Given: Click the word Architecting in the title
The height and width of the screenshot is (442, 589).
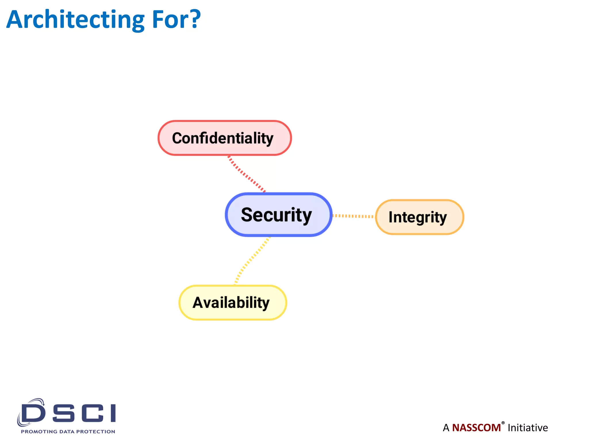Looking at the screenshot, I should pyautogui.click(x=75, y=20).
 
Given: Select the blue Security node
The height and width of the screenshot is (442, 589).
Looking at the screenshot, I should pyautogui.click(x=278, y=215).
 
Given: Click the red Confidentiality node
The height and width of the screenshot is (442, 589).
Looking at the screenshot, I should pyautogui.click(x=225, y=138).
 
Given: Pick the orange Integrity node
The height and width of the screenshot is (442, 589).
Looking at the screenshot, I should pyautogui.click(x=419, y=217).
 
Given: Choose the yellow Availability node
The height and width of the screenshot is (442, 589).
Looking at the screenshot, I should pyautogui.click(x=233, y=303).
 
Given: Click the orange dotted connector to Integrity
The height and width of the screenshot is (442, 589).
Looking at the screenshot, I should pyautogui.click(x=353, y=216).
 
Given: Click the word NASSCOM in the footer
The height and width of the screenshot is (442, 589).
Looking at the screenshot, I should pyautogui.click(x=476, y=428).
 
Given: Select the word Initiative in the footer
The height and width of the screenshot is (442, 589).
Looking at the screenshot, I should pyautogui.click(x=527, y=428).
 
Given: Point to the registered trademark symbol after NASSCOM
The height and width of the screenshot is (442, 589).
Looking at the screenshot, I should pyautogui.click(x=503, y=423).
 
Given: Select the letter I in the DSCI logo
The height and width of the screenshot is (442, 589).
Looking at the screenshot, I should pyautogui.click(x=113, y=413).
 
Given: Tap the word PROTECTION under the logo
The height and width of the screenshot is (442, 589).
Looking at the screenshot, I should pyautogui.click(x=95, y=432).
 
